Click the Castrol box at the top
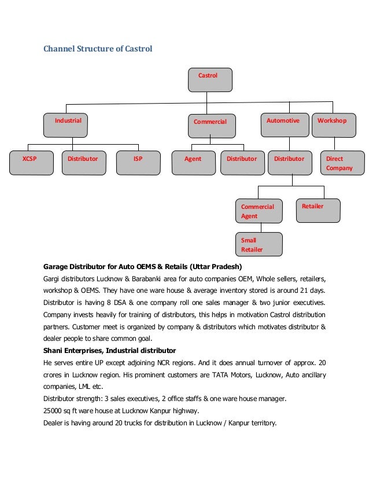pyautogui.click(x=210, y=80)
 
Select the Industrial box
pyautogui.click(x=67, y=124)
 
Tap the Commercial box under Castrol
pyautogui.click(x=211, y=126)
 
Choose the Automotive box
pyautogui.click(x=283, y=124)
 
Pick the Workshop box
pyautogui.click(x=334, y=124)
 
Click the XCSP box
pyautogui.click(x=29, y=163)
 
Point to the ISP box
pyautogui.click(x=138, y=163)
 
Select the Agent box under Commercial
pyautogui.click(x=193, y=163)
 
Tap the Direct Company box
pyautogui.click(x=342, y=163)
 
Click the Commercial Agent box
pyautogui.click(x=260, y=211)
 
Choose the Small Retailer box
pyautogui.click(x=260, y=244)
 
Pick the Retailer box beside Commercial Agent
pyautogui.click(x=318, y=210)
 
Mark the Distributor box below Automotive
pyautogui.click(x=290, y=163)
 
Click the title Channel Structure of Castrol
pyautogui.click(x=98, y=49)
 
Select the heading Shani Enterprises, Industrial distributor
pyautogui.click(x=110, y=351)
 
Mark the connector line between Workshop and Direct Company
pyautogui.click(x=334, y=144)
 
